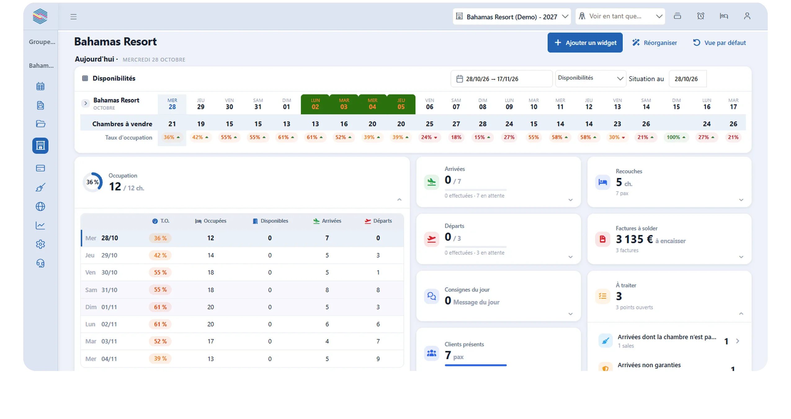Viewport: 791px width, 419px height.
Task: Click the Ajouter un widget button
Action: click(x=585, y=42)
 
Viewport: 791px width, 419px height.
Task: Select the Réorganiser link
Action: click(x=655, y=42)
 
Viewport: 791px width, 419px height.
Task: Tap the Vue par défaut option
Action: click(x=719, y=42)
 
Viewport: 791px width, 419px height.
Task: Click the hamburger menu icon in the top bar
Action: click(x=73, y=16)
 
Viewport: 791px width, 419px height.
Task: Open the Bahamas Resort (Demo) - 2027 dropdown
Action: click(x=512, y=16)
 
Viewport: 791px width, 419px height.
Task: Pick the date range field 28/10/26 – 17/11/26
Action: click(x=501, y=79)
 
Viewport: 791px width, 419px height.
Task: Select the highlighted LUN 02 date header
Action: click(x=315, y=104)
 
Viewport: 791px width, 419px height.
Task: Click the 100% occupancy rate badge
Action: click(x=676, y=137)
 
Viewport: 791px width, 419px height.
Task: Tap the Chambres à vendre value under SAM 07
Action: click(x=456, y=124)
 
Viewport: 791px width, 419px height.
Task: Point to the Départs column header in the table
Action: click(x=378, y=221)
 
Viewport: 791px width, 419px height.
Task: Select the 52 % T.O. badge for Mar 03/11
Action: click(x=160, y=341)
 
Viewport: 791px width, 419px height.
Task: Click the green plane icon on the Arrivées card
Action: click(x=431, y=182)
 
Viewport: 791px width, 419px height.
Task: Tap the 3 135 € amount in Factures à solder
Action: click(x=634, y=239)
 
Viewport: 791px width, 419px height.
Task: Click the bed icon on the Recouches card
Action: click(x=603, y=182)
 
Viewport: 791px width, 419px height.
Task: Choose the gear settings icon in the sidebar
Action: click(x=40, y=244)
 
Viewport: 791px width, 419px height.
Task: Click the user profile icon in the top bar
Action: click(x=747, y=16)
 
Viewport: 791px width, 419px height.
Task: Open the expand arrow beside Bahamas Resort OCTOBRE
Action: click(x=85, y=104)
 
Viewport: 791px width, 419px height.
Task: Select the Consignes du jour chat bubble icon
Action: click(x=431, y=296)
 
